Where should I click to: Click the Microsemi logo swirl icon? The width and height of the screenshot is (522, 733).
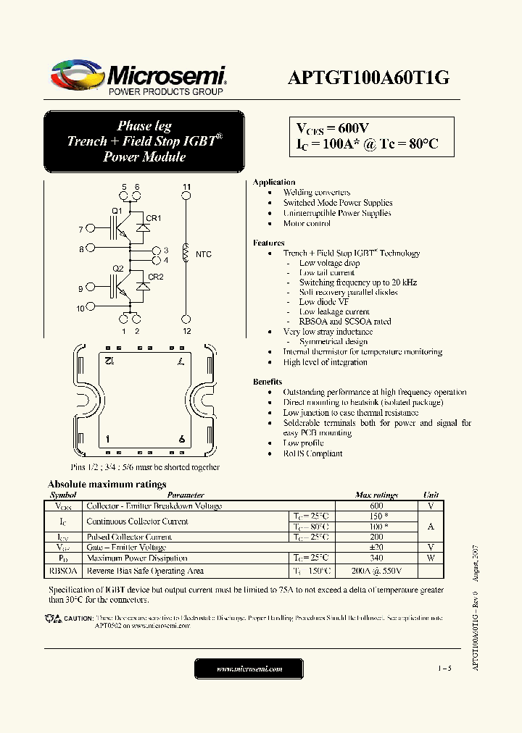[77, 75]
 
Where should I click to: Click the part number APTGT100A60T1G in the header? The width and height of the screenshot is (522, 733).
[369, 78]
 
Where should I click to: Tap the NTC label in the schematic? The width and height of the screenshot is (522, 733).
[203, 254]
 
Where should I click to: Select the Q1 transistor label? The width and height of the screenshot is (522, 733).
[116, 211]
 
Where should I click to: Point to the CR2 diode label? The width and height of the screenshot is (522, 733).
[155, 277]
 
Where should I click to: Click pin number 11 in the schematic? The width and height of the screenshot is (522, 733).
[186, 188]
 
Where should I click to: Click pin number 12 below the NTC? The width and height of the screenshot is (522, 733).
[186, 331]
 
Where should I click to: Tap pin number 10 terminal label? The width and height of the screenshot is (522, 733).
[80, 308]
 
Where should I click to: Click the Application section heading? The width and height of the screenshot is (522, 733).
[274, 183]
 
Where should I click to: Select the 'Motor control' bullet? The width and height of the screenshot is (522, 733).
[307, 224]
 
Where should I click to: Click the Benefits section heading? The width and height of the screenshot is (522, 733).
[268, 382]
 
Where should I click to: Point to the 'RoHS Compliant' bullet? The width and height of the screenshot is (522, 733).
[312, 453]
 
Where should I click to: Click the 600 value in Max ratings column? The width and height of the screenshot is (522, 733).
[376, 506]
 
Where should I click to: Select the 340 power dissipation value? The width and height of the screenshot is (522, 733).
[376, 558]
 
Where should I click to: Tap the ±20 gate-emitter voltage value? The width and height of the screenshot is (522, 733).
[376, 548]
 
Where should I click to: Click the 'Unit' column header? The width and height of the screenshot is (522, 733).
[431, 495]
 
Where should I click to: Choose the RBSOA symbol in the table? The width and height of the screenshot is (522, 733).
[62, 571]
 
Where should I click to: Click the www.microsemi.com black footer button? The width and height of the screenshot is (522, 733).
[249, 669]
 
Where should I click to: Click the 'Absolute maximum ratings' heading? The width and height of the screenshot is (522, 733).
[107, 485]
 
